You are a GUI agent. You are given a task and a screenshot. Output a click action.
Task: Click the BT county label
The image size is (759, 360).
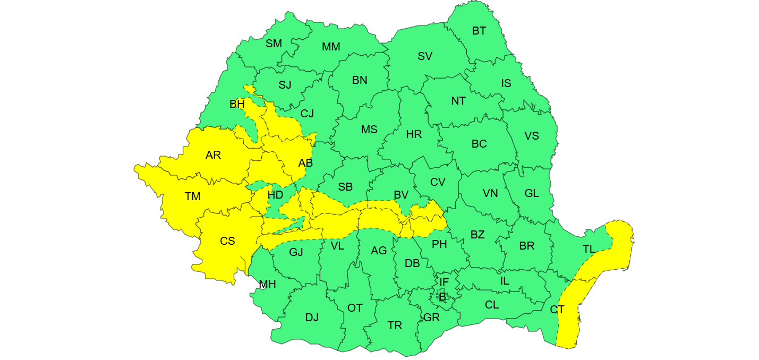point(479,31)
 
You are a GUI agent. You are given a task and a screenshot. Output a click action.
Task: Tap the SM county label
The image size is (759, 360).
point(274,44)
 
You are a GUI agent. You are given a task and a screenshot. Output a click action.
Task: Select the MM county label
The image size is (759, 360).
point(331,47)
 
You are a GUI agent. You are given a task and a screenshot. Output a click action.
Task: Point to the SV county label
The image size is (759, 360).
point(425,56)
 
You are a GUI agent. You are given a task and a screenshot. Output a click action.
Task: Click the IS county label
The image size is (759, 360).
point(506,83)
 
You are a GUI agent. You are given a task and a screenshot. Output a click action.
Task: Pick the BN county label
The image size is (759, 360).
point(360,80)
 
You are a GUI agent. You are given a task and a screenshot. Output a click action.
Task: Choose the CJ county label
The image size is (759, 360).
point(307,114)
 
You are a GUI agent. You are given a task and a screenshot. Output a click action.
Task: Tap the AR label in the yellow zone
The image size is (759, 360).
point(213,156)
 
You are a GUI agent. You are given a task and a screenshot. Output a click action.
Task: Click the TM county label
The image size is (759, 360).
point(192,197)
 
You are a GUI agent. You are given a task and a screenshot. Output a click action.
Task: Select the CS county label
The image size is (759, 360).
point(227,241)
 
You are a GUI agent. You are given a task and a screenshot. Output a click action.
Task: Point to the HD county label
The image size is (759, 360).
point(275,195)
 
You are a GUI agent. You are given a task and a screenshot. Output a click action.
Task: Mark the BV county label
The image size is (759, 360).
point(401,195)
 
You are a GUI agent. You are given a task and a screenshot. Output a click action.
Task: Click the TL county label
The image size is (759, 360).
point(589,249)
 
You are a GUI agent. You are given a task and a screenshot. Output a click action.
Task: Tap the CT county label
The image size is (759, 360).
point(557,310)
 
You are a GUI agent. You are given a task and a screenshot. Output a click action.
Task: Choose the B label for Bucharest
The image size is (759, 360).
point(442,297)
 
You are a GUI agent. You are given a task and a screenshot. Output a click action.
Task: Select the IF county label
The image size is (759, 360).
point(444,282)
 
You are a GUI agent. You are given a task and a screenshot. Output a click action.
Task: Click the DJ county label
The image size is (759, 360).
point(312,318)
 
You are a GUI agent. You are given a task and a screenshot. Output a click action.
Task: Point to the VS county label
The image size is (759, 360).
point(532,136)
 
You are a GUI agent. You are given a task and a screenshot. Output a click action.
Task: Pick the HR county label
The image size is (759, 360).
point(414,134)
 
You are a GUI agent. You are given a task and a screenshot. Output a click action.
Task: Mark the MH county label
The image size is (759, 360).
point(267,285)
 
